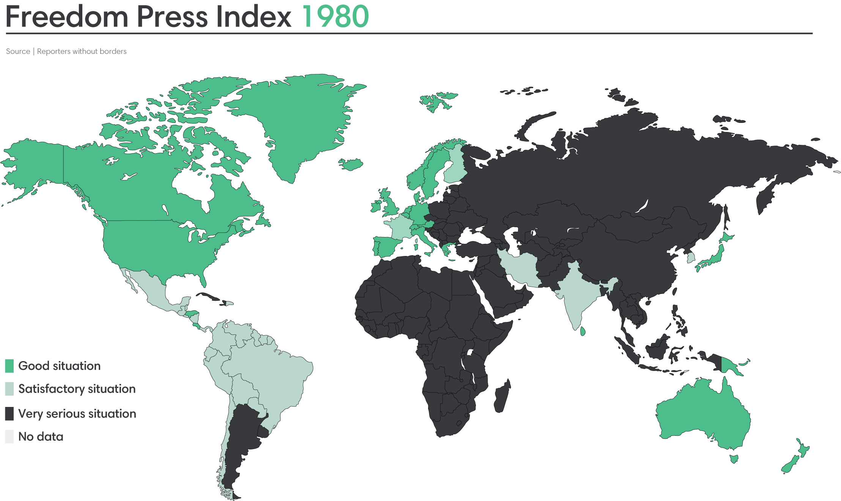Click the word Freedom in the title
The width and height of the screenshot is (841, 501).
(67, 17)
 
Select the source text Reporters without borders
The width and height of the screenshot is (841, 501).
(82, 51)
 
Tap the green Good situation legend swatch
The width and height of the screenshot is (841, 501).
(9, 366)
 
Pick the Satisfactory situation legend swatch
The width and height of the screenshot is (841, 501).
(9, 389)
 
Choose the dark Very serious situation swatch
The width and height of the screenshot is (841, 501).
(9, 413)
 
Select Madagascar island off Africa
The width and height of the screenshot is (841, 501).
(502, 396)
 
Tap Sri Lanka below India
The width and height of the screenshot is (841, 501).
(583, 331)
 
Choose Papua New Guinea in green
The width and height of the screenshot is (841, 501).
(731, 366)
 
